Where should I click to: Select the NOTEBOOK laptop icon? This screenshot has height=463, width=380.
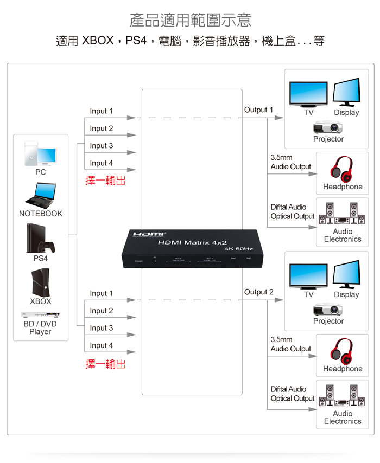[x=40, y=195]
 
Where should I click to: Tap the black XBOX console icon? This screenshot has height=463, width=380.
[x=40, y=282]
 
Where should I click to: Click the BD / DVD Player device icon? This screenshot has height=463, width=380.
[x=40, y=314]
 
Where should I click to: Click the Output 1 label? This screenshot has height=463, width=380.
[x=259, y=110]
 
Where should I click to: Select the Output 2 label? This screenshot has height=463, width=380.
[x=259, y=292]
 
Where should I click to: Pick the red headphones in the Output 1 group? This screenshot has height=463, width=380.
[x=342, y=169]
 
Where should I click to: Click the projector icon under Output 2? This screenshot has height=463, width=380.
[x=328, y=309]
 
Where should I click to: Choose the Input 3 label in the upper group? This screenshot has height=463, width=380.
[x=102, y=146]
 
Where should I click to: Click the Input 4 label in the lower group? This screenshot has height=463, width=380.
[x=102, y=345]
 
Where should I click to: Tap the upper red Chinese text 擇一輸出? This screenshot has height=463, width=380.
[x=106, y=181]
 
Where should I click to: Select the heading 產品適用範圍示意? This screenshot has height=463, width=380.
[x=191, y=21]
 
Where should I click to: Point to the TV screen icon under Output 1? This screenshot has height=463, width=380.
[x=308, y=95]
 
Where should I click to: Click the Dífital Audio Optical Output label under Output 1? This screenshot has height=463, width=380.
[x=292, y=211]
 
